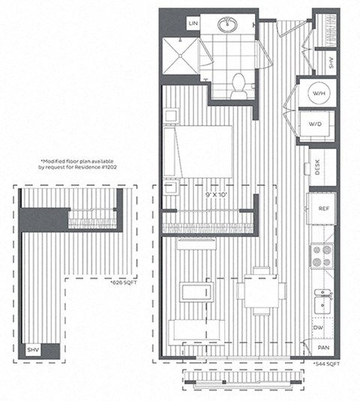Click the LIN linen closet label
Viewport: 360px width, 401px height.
194,24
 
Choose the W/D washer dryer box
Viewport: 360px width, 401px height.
316,124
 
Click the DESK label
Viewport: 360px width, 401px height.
319,168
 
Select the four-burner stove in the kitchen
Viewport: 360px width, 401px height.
322,257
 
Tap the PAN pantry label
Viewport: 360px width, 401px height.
323,348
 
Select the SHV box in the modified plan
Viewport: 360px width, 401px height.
34,350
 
